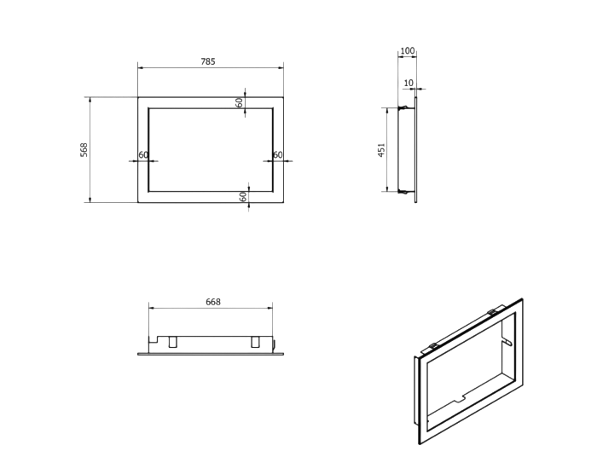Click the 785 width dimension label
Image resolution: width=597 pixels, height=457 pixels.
208,61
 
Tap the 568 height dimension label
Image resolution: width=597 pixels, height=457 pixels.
84,149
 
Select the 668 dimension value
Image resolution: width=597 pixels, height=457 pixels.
213,302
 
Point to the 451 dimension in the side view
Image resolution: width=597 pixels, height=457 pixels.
381,150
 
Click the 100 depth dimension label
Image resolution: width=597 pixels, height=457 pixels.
408,50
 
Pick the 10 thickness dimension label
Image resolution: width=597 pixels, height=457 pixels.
409,83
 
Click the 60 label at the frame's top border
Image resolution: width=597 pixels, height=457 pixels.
239,102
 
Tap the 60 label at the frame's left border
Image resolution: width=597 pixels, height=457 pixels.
143,155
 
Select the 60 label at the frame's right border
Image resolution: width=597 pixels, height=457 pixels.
278,155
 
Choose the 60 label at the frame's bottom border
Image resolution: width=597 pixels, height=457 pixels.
243,196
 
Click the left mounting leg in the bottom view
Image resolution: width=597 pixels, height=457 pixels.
172,342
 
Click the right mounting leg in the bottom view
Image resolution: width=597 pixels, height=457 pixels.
255,342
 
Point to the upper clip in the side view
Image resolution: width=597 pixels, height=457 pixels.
404,108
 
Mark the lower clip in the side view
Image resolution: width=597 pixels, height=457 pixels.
404,191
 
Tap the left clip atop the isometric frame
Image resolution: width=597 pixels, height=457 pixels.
433,346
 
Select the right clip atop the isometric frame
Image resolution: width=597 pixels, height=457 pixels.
492,312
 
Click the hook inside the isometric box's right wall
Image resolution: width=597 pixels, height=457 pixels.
507,340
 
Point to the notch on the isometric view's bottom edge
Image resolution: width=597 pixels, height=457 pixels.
460,399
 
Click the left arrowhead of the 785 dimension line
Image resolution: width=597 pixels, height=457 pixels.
141,67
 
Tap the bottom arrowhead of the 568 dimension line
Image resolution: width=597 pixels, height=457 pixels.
90,200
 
